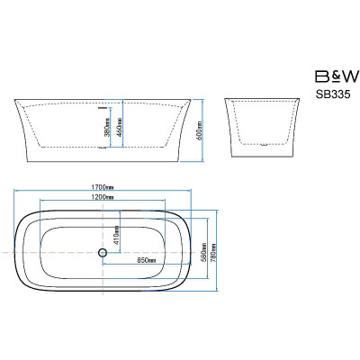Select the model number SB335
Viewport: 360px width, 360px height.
pyautogui.click(x=333, y=94)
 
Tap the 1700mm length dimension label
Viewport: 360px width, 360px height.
pyautogui.click(x=103, y=187)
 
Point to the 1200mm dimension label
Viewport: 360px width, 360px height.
pyautogui.click(x=103, y=197)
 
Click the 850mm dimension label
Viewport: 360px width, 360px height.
pyautogui.click(x=147, y=260)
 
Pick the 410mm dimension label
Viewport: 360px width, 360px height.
pyautogui.click(x=116, y=235)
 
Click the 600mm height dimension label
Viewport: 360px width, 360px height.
pyautogui.click(x=200, y=130)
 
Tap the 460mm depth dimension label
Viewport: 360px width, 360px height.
pyautogui.click(x=119, y=128)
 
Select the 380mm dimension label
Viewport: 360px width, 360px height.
pyautogui.click(x=107, y=128)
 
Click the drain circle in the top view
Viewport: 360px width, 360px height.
pyautogui.click(x=103, y=253)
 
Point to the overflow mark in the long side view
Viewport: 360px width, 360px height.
pyautogui.click(x=103, y=106)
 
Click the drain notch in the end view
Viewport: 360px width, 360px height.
pyautogui.click(x=264, y=145)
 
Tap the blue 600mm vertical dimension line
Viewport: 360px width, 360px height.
pyautogui.click(x=203, y=130)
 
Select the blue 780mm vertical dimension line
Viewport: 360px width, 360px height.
pyautogui.click(x=217, y=250)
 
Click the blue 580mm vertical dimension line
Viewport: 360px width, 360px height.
pyautogui.click(x=208, y=248)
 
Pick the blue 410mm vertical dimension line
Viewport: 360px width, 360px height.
pyautogui.click(x=121, y=231)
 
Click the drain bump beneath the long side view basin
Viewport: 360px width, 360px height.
pyautogui.click(x=103, y=148)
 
